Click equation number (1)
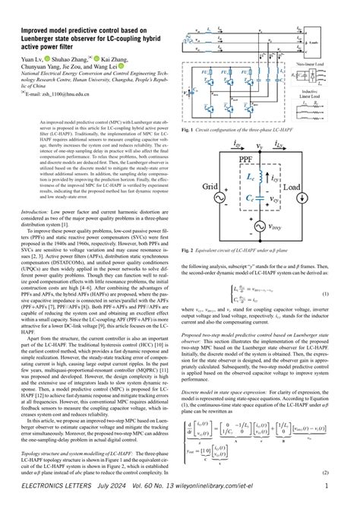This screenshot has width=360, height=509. point(346,293)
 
